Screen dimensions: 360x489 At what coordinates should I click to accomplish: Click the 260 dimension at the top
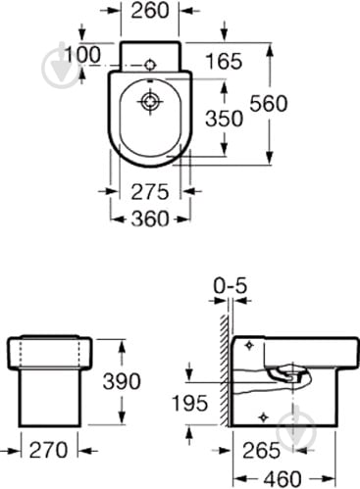click(x=150, y=11)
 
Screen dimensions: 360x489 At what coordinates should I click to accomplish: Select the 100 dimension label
click(x=82, y=55)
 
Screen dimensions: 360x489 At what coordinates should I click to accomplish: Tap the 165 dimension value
click(x=224, y=61)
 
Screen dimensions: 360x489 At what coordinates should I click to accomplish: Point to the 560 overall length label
click(x=269, y=103)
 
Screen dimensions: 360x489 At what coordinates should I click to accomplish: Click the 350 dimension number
click(x=225, y=119)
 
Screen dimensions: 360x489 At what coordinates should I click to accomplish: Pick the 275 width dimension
click(x=150, y=192)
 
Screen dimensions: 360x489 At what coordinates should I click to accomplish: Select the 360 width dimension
click(x=150, y=219)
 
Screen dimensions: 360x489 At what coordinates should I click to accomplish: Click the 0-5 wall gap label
click(x=231, y=286)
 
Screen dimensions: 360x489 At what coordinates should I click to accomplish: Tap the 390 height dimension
click(x=122, y=381)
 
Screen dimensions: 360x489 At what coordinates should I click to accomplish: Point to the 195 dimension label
click(x=190, y=403)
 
